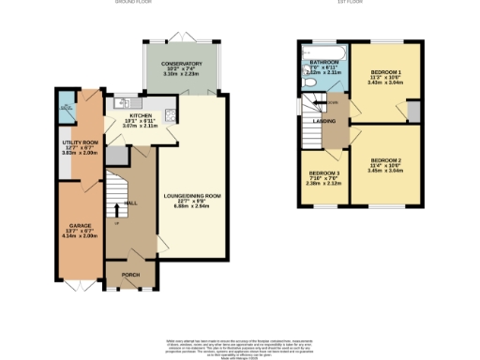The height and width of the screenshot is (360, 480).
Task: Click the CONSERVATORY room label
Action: pyautogui.click(x=181, y=64)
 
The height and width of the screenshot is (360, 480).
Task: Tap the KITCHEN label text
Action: pyautogui.click(x=129, y=116)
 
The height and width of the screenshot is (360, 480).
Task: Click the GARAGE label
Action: pyautogui.click(x=80, y=226)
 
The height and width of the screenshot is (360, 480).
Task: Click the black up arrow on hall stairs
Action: pyautogui.click(x=117, y=208)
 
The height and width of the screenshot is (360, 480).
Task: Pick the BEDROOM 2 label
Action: pyautogui.click(x=385, y=160)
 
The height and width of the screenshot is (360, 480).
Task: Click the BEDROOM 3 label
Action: pyautogui.click(x=323, y=173)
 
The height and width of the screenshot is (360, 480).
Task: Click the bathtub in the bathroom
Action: pyautogui.click(x=323, y=50)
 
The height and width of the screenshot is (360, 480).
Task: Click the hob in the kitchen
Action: pyautogui.click(x=170, y=116)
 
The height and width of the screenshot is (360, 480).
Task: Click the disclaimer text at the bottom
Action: pyautogui.click(x=241, y=341)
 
